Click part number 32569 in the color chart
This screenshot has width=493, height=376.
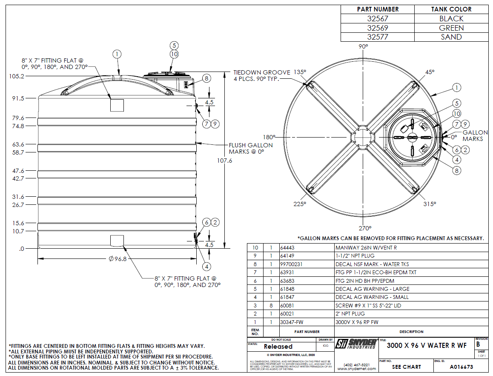pos(377,28)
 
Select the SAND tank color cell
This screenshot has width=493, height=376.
pos(451,37)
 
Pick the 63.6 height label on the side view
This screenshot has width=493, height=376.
pos(18,144)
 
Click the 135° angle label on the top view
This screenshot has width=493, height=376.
pos(300,72)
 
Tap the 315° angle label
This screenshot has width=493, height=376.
pos(430,204)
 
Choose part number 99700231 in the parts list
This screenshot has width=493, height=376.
pos(291,264)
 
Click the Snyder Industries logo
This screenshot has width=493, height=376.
pos(356,344)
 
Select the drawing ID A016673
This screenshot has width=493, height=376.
pos(461,367)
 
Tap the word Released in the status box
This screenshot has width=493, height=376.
pos(278,347)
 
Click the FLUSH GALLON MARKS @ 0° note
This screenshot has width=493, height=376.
pos(251,148)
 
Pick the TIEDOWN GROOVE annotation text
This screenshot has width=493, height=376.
pos(262,75)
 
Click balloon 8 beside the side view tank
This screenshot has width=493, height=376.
pos(206,78)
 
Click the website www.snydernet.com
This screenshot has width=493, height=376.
pos(357,369)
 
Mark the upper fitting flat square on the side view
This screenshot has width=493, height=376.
pos(117,105)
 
